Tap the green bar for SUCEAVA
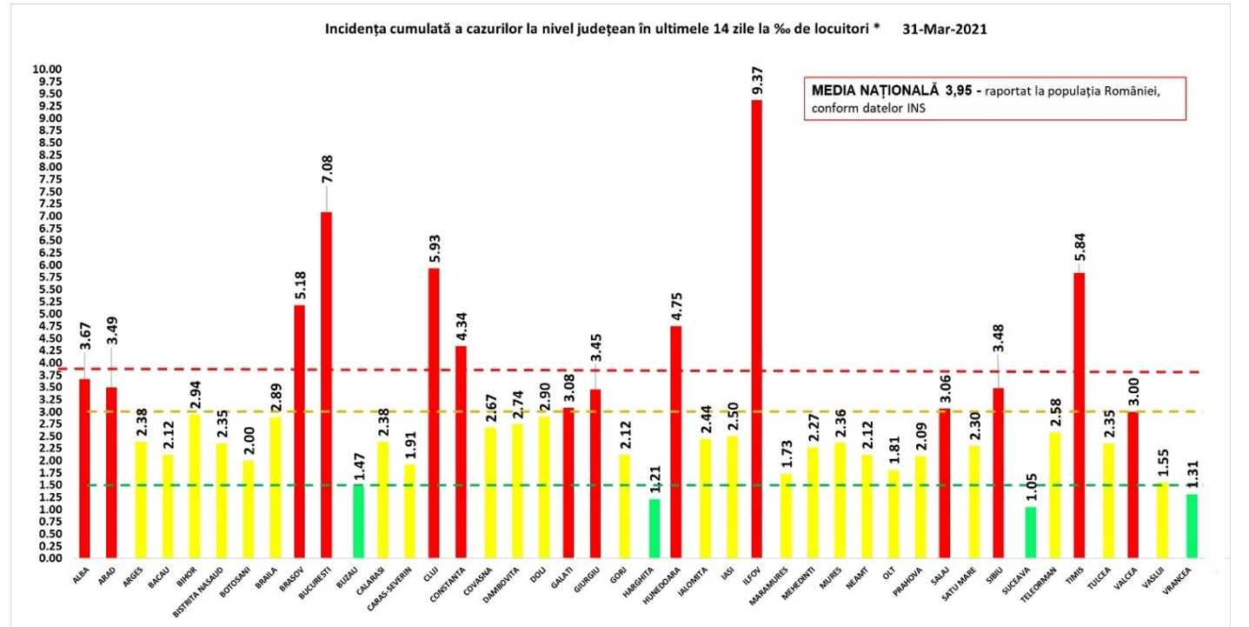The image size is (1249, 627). [x=1029, y=531]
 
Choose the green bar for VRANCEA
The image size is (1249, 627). [x=1191, y=525]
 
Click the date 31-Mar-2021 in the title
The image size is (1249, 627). [x=945, y=29]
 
